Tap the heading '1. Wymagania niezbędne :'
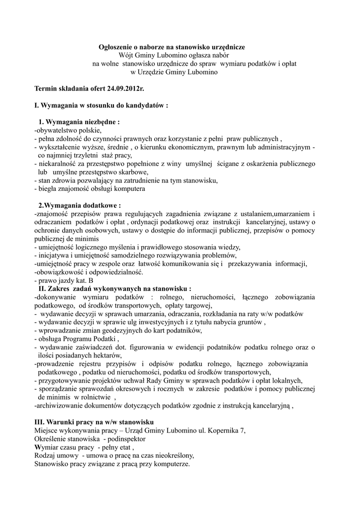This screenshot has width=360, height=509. click(x=79, y=122)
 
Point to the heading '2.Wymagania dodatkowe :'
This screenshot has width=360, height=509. click(x=80, y=205)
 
